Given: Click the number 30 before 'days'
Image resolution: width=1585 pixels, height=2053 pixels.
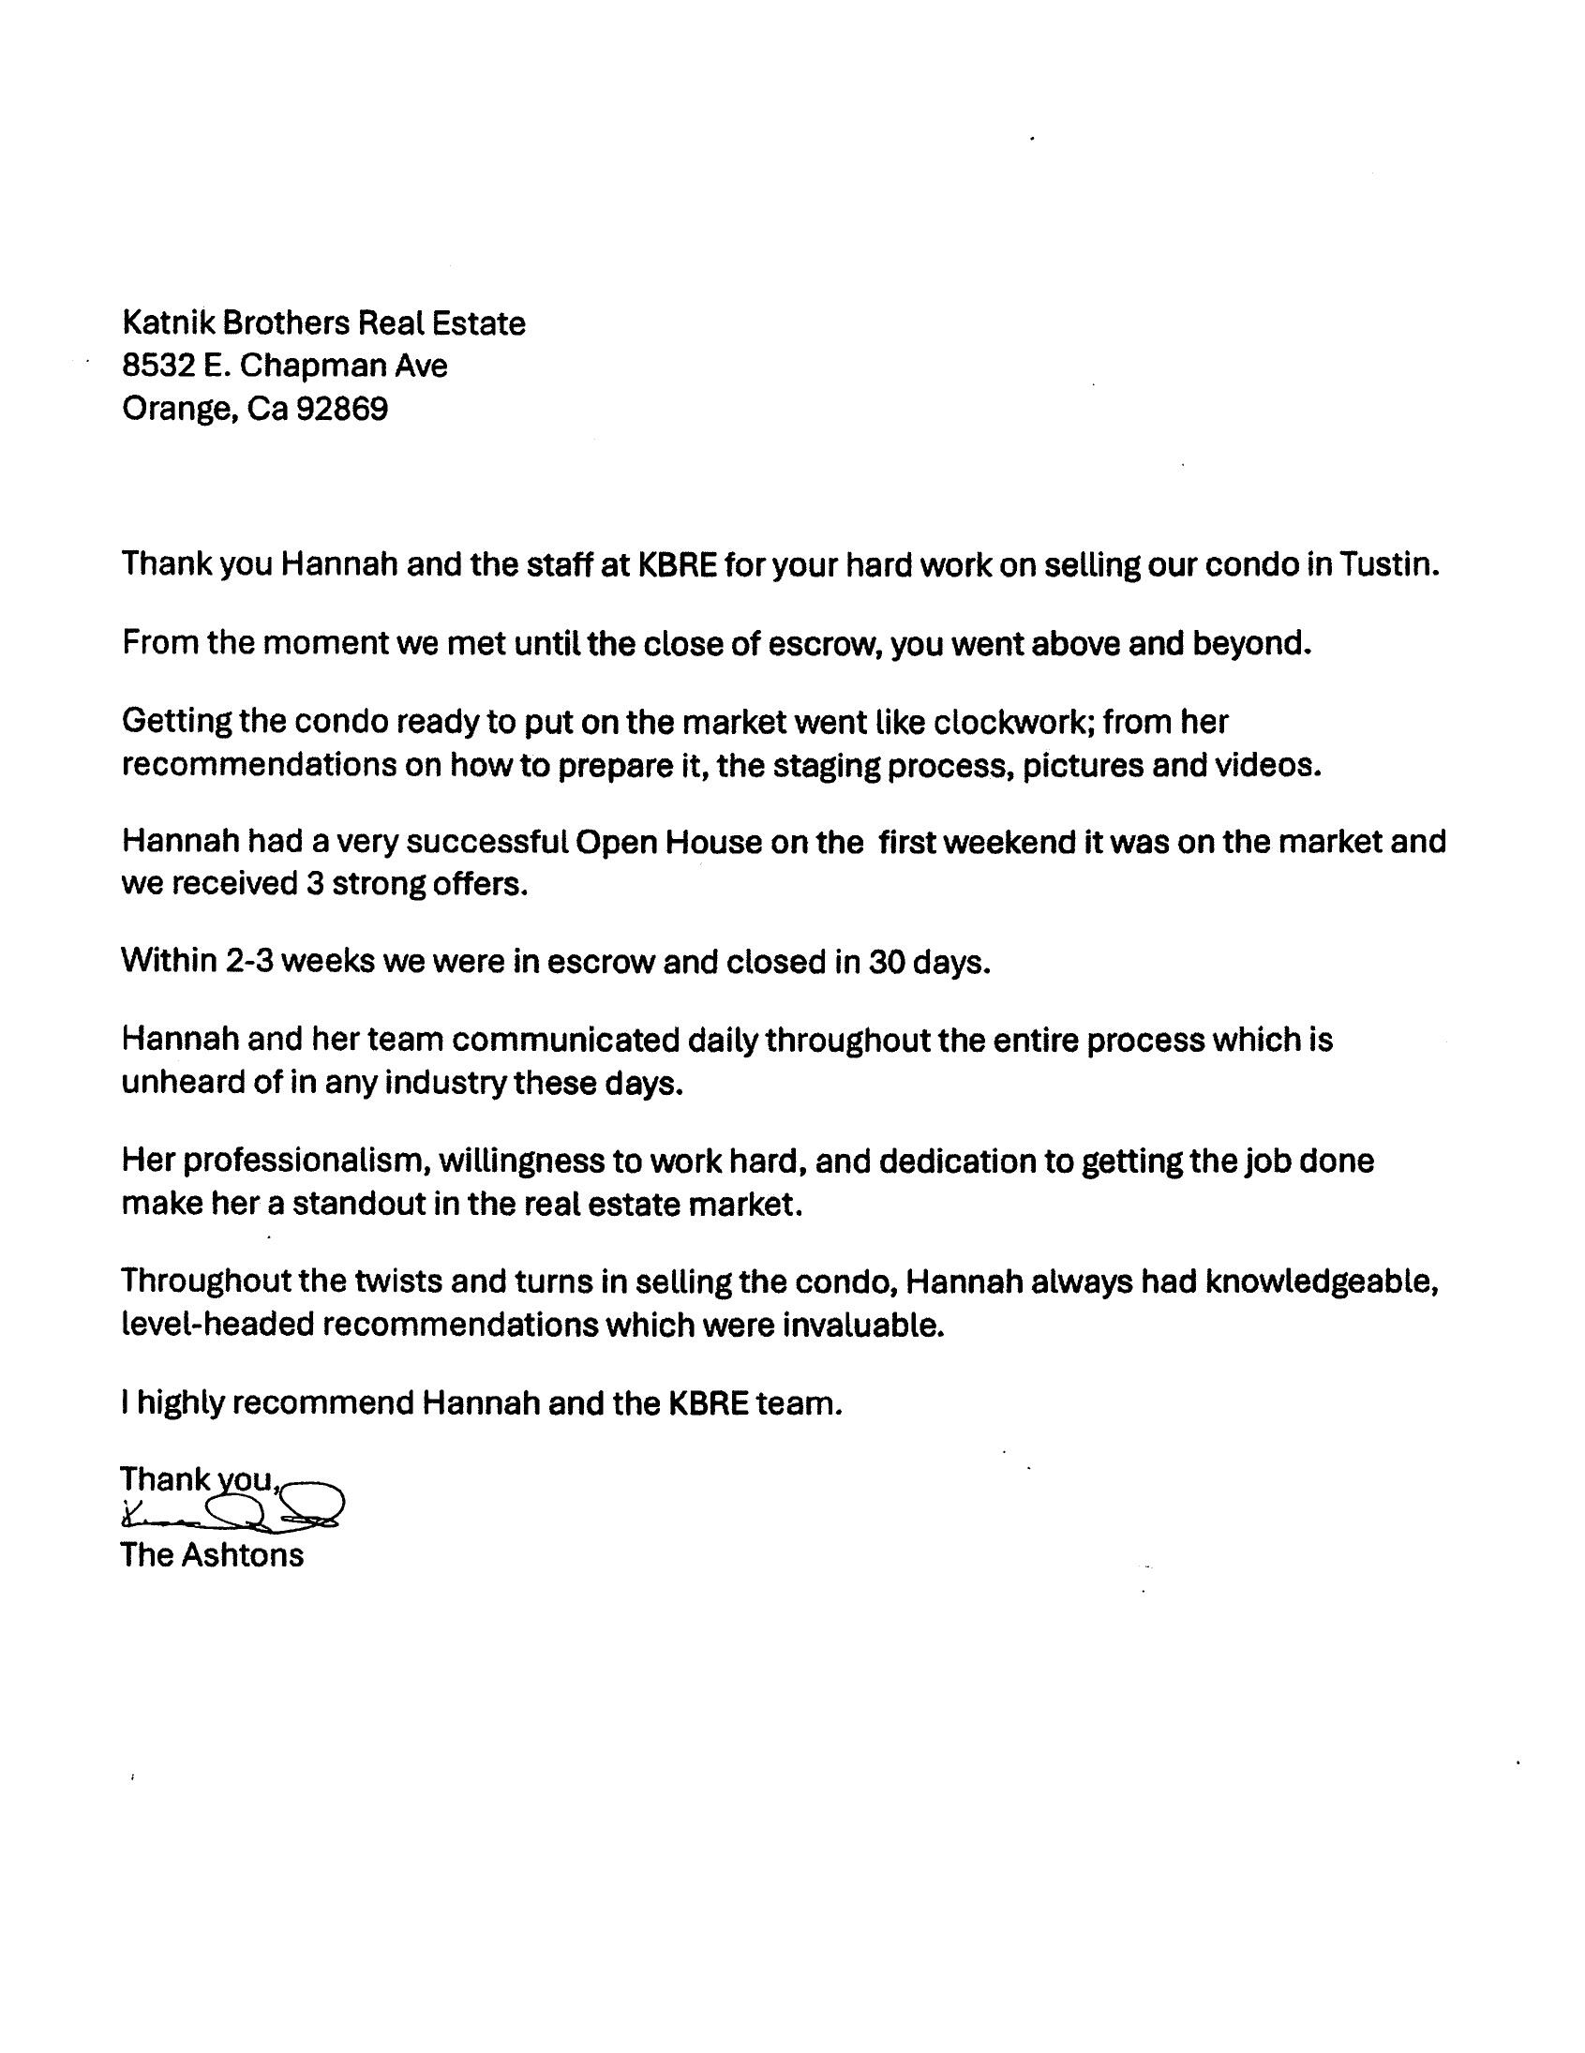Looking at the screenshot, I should click(x=887, y=963).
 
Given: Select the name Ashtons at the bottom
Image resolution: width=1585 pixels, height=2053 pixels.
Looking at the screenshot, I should click(x=242, y=1555).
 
